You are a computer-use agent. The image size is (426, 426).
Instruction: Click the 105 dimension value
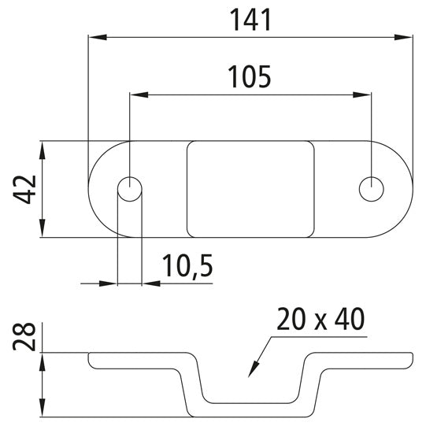click(249, 76)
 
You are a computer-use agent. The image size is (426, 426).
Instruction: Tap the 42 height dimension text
click(25, 189)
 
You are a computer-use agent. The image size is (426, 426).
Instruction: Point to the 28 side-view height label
click(25, 335)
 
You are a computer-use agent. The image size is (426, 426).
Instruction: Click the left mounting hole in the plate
click(129, 189)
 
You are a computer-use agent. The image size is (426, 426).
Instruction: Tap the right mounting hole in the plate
click(370, 189)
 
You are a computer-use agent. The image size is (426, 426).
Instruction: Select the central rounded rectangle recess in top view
click(250, 189)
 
